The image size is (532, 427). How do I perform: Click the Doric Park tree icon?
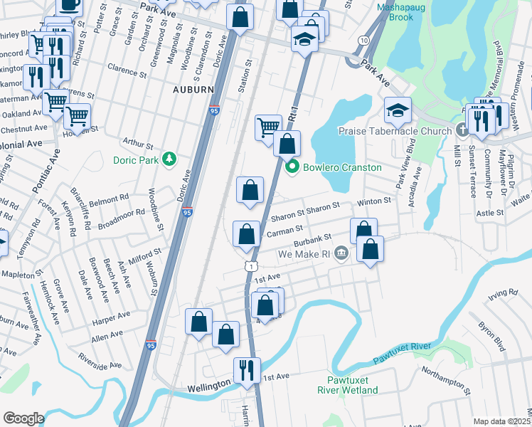(169, 158)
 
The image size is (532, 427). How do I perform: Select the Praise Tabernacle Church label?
(395, 131)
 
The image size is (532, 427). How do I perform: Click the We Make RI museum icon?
(341, 253)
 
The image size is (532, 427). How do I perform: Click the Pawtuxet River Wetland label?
(347, 385)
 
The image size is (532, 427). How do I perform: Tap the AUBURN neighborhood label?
(193, 90)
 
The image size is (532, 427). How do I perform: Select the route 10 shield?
(363, 41)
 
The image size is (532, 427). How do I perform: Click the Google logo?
(23, 418)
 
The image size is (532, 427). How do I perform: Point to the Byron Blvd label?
(491, 336)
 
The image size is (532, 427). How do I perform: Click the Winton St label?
(374, 201)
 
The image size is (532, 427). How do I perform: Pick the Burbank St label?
(317, 239)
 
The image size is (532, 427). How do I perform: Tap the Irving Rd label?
(502, 293)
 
